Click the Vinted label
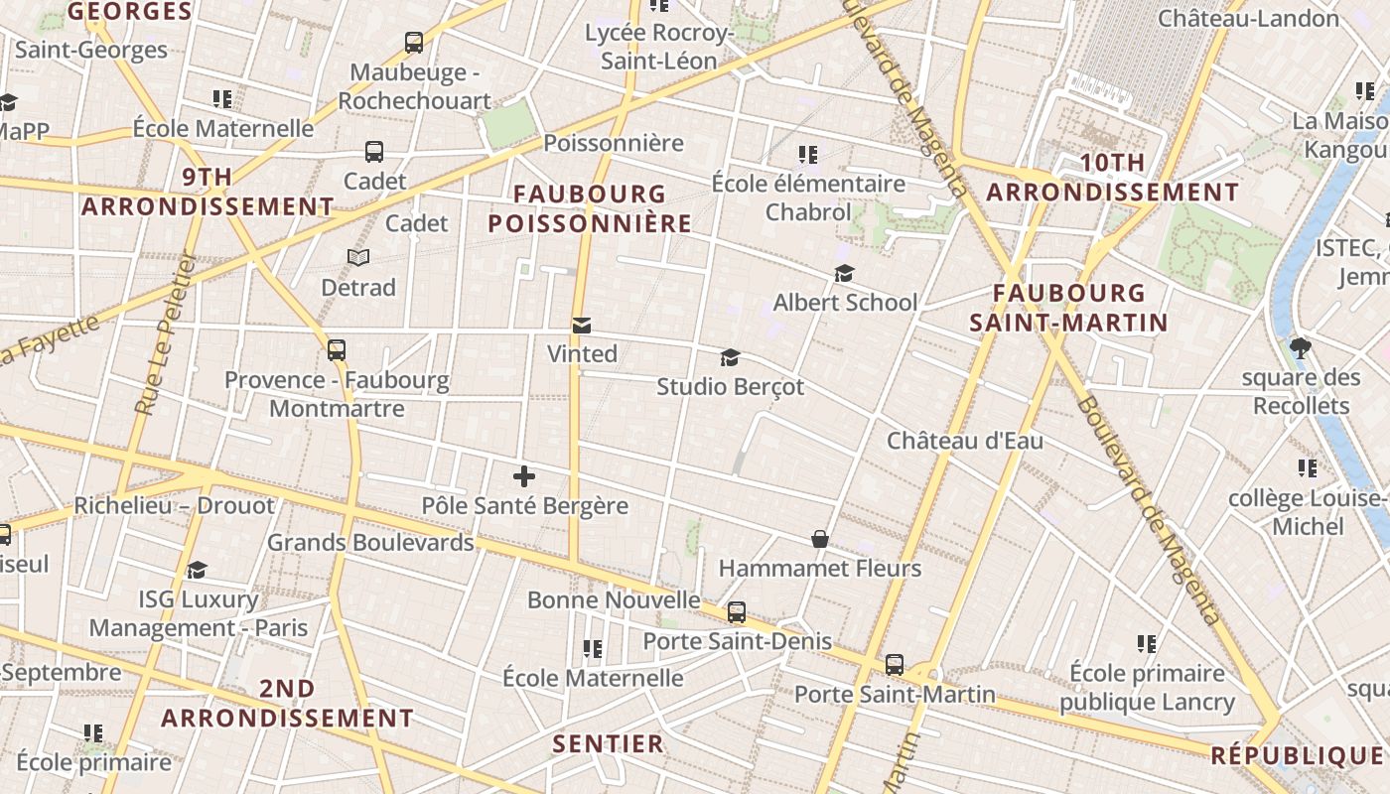[x=582, y=353]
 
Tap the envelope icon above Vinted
[x=582, y=325]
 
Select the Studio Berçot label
[x=730, y=386]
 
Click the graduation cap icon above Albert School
[x=844, y=273]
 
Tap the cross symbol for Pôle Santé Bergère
[x=524, y=476]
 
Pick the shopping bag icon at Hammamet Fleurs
[x=820, y=539]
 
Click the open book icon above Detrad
[x=358, y=258]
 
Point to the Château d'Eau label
[x=965, y=440]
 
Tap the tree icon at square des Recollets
[x=1301, y=348]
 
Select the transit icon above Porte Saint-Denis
[x=737, y=612]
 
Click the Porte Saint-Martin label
[x=895, y=694]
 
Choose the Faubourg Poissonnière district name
[x=590, y=208]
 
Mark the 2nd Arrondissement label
[x=287, y=703]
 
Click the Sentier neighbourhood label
[x=608, y=743]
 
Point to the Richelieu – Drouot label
[x=174, y=505]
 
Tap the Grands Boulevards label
[x=370, y=543]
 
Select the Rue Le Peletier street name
[x=163, y=332]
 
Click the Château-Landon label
[x=1248, y=18]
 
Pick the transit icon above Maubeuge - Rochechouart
[x=414, y=43]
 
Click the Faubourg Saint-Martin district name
[x=1068, y=308]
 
